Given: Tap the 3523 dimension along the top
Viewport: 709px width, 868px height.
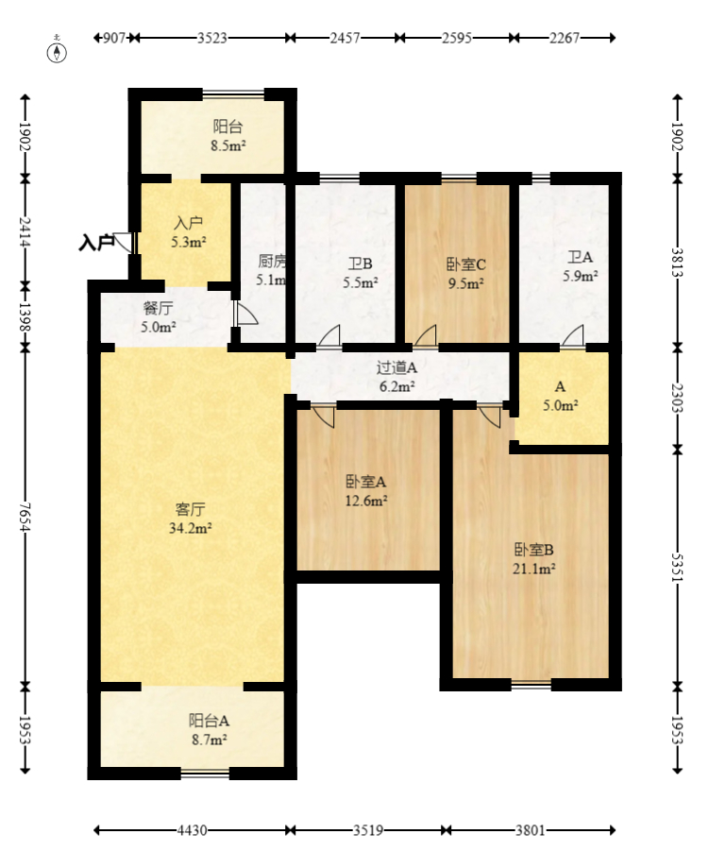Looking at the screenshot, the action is [x=212, y=38].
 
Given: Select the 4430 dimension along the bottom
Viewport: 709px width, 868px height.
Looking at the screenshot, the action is [x=192, y=830].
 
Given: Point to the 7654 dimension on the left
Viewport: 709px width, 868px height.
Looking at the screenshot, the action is [x=25, y=517].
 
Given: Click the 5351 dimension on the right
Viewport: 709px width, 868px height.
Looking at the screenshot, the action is [x=678, y=567].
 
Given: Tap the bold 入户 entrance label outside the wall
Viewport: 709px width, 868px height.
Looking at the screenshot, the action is [x=96, y=243].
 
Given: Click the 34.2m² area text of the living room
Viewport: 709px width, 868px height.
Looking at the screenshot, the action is [x=191, y=529].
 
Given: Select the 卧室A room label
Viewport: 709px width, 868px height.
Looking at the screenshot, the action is [x=366, y=482].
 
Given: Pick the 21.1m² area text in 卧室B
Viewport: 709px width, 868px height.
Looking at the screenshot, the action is [x=534, y=569].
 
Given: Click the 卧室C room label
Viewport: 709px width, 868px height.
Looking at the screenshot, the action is [x=466, y=264].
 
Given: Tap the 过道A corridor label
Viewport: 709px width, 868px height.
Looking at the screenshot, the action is [x=397, y=367].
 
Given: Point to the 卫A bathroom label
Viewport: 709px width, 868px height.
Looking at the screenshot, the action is [x=580, y=257].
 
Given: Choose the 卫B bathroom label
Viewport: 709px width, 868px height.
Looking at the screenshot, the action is [x=360, y=264].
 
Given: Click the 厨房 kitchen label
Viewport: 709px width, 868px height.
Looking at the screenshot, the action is [x=272, y=261].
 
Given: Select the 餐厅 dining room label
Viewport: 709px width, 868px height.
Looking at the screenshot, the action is [x=159, y=308].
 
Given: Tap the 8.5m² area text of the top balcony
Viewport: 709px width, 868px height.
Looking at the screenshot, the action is [x=228, y=146].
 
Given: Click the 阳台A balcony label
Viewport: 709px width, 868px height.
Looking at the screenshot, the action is [x=209, y=721].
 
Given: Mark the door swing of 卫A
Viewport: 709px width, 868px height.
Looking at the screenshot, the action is [x=574, y=336].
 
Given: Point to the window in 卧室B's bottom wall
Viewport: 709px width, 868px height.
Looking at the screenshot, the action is [x=532, y=685].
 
